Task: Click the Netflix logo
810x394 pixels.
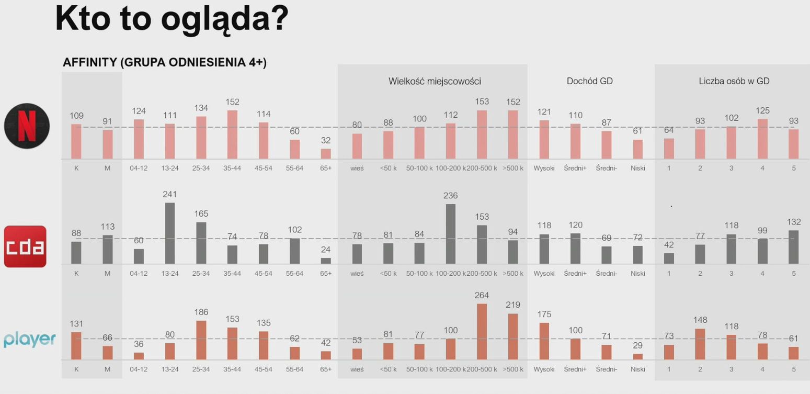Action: (27, 126)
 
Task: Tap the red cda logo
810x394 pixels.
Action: (25, 246)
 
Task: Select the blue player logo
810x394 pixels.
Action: (29, 340)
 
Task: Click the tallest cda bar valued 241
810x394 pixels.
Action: (170, 233)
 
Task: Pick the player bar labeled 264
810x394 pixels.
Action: (482, 331)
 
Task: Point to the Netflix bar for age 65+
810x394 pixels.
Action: (326, 154)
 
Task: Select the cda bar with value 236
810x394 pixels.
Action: (450, 233)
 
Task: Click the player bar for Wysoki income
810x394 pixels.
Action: (544, 341)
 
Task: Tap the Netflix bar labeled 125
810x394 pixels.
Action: (762, 139)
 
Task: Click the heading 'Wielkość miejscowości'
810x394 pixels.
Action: (435, 81)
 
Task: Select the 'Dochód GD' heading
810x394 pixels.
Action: (589, 81)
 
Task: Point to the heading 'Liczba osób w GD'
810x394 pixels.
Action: (734, 81)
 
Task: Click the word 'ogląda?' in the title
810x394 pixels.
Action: (224, 19)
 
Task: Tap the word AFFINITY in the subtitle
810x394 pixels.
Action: (89, 62)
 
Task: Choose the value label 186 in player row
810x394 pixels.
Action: (201, 312)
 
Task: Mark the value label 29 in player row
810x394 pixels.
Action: (637, 345)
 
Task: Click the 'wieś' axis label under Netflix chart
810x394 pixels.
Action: (357, 168)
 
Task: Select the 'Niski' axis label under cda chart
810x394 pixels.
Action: (637, 273)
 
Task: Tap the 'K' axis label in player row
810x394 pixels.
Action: (76, 369)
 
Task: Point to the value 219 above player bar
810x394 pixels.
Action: (512, 305)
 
